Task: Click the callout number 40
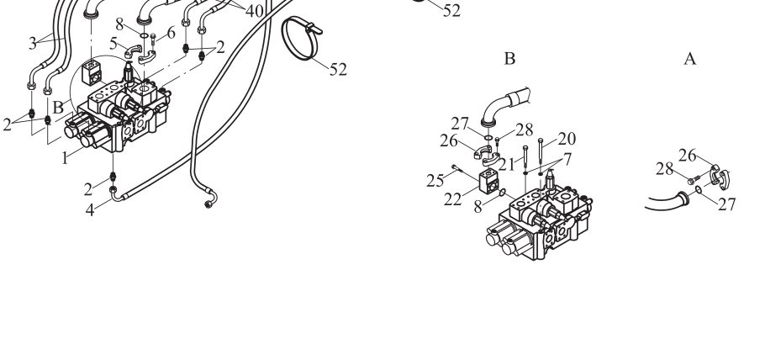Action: click(x=255, y=11)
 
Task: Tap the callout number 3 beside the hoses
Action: click(x=33, y=44)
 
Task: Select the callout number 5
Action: click(x=113, y=44)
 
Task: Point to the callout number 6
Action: click(x=172, y=34)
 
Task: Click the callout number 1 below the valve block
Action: click(x=65, y=159)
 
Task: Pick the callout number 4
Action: click(x=90, y=210)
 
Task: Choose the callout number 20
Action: click(x=567, y=139)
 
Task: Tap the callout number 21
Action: click(x=507, y=164)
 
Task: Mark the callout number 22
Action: click(x=453, y=199)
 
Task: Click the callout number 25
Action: click(x=435, y=181)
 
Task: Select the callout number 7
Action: click(x=567, y=160)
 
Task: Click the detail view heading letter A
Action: click(x=690, y=59)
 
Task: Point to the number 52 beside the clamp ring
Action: click(x=338, y=70)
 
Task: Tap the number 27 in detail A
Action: click(x=726, y=204)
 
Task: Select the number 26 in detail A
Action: click(x=688, y=156)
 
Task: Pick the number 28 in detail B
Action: click(x=525, y=130)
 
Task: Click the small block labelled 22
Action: click(x=488, y=182)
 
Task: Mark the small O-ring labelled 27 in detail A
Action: click(x=699, y=189)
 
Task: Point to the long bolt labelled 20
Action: click(x=541, y=157)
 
